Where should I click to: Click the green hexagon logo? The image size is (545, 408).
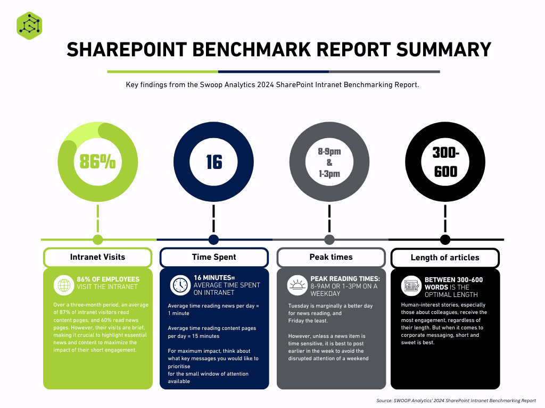pyautogui.click(x=29, y=25)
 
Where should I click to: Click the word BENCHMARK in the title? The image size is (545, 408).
pyautogui.click(x=251, y=49)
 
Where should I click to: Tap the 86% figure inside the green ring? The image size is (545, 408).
pyautogui.click(x=98, y=161)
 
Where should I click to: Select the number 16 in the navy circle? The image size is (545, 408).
pyautogui.click(x=214, y=162)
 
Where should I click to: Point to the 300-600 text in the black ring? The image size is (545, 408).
pyautogui.click(x=445, y=162)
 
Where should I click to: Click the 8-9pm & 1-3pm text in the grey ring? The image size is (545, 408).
pyautogui.click(x=329, y=163)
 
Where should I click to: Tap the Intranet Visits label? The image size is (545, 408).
pyautogui.click(x=98, y=257)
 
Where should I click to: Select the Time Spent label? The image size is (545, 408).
pyautogui.click(x=214, y=257)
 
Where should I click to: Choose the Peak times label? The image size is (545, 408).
pyautogui.click(x=331, y=257)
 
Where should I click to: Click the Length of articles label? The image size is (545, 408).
pyautogui.click(x=445, y=258)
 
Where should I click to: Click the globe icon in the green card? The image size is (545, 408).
pyautogui.click(x=64, y=285)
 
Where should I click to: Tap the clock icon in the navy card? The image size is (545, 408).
pyautogui.click(x=180, y=285)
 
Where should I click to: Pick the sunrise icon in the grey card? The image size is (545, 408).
pyautogui.click(x=297, y=285)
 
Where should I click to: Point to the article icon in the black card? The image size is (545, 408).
pyautogui.click(x=411, y=286)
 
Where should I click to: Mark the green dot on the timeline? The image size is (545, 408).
pyautogui.click(x=98, y=240)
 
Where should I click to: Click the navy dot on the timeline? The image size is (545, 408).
pyautogui.click(x=213, y=240)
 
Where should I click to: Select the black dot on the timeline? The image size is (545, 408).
pyautogui.click(x=445, y=240)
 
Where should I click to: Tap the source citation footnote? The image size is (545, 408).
pyautogui.click(x=456, y=401)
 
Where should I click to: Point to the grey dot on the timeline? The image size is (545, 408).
pyautogui.click(x=329, y=240)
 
